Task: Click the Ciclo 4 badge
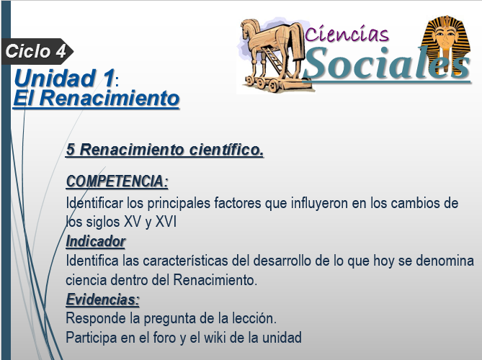tap(37, 51)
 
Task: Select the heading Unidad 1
tap(64, 78)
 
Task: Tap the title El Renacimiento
tap(97, 99)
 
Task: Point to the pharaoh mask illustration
tap(447, 43)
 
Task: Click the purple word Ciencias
tap(347, 34)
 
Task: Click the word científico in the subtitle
tap(226, 150)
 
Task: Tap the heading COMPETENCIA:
tap(117, 181)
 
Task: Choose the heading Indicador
tap(96, 241)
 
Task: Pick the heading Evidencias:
tap(103, 300)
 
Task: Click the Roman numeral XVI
tap(166, 222)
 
